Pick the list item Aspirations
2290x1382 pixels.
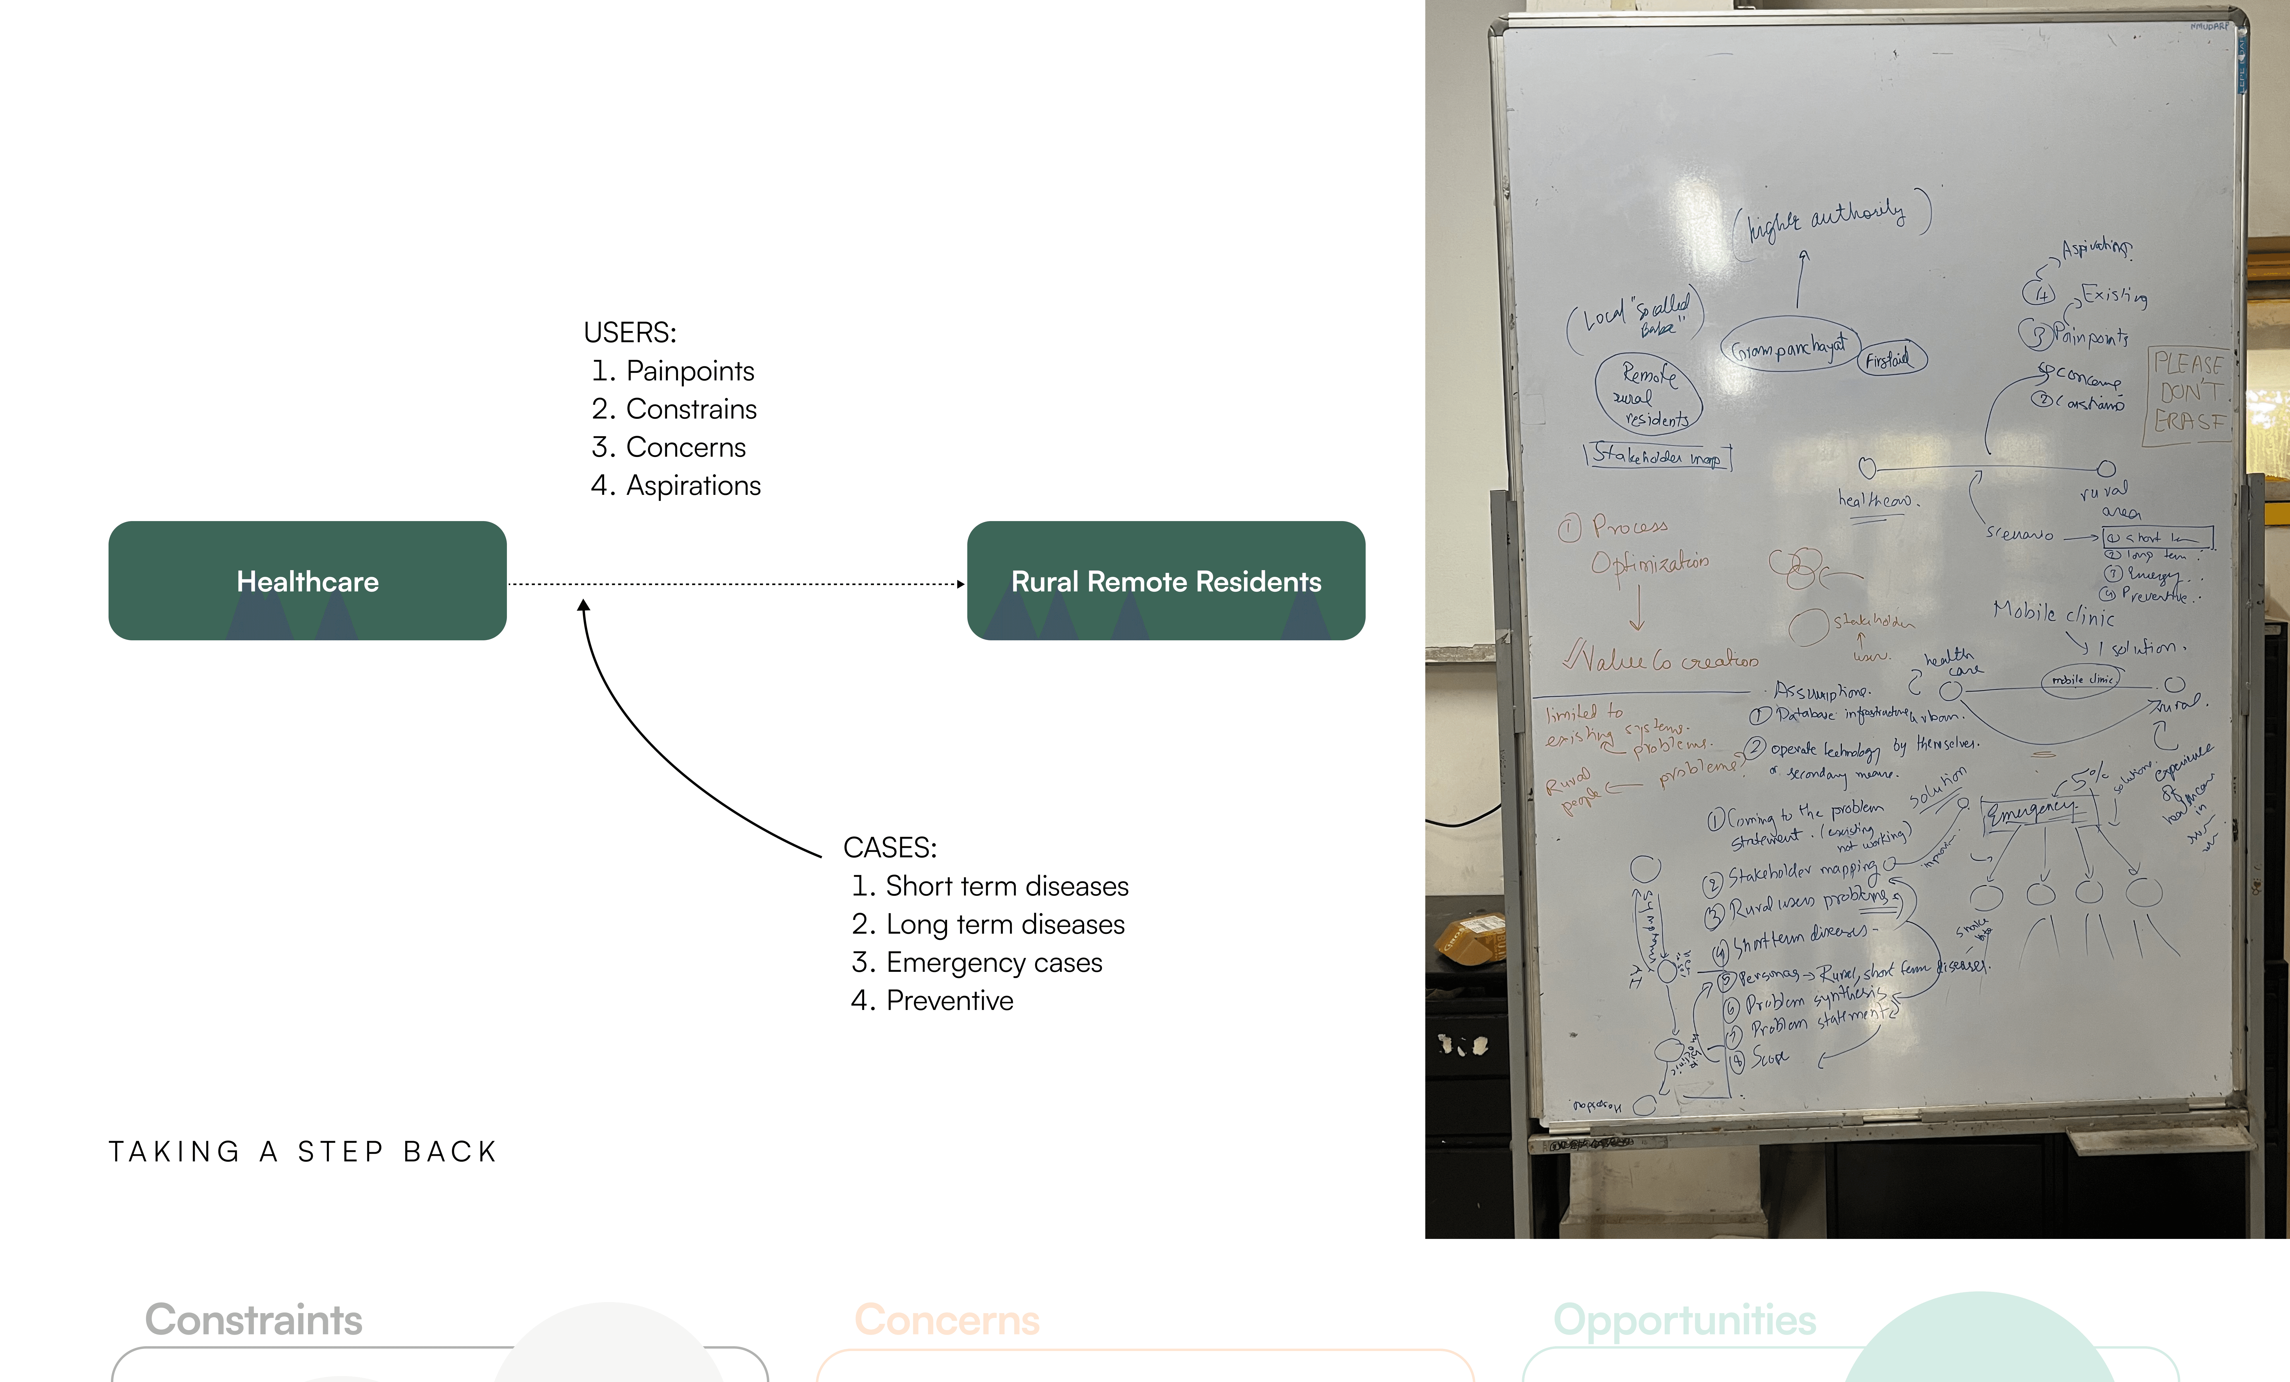(x=692, y=485)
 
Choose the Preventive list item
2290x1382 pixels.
(x=949, y=1000)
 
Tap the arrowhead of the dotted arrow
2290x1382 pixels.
(x=961, y=585)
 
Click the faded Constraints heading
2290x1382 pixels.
(x=254, y=1320)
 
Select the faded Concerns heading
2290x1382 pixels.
(x=947, y=1320)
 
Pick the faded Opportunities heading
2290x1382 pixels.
(x=1684, y=1320)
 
